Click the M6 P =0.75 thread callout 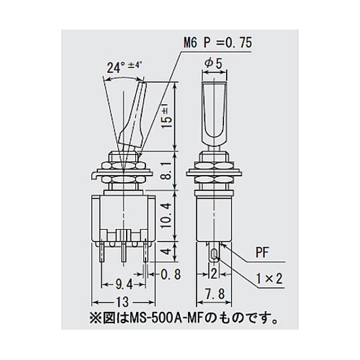click(218, 43)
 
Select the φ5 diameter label click(214, 63)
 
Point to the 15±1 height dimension click(168, 116)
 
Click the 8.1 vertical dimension click(168, 170)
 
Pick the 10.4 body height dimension click(167, 215)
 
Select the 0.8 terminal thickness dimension click(171, 274)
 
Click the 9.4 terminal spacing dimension click(124, 285)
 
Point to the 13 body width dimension click(123, 302)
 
